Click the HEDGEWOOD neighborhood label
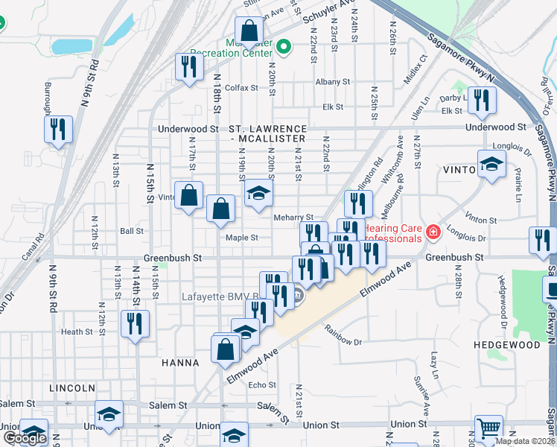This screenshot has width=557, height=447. (x=506, y=346)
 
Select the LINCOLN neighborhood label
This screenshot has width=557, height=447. (x=71, y=388)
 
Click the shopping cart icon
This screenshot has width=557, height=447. (x=488, y=429)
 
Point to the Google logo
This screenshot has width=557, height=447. (x=25, y=438)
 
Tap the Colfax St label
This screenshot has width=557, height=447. (x=241, y=87)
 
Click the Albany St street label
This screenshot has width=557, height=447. (x=332, y=82)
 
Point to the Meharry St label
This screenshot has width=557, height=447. (x=305, y=218)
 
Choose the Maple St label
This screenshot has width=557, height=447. (x=242, y=238)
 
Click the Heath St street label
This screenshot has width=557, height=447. (x=77, y=332)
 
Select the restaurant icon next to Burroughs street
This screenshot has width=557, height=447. (x=58, y=130)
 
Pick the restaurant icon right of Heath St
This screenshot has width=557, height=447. (x=135, y=323)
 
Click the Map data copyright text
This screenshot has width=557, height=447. (x=526, y=441)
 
